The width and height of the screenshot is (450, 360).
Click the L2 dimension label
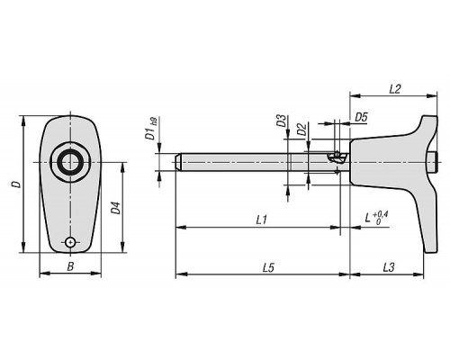[x=395, y=89]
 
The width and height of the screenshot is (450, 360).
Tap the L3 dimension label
[x=389, y=267]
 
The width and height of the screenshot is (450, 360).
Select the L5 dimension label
[x=268, y=267]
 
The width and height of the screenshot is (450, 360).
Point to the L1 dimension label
[x=261, y=220]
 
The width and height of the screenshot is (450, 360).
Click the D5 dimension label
[x=361, y=118]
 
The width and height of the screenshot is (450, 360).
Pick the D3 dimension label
[x=282, y=121]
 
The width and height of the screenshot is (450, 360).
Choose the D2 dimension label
[x=301, y=129]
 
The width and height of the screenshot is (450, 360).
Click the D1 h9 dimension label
[x=151, y=129]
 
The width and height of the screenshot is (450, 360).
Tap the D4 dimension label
[x=116, y=208]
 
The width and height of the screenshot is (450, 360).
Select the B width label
[x=70, y=266]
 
